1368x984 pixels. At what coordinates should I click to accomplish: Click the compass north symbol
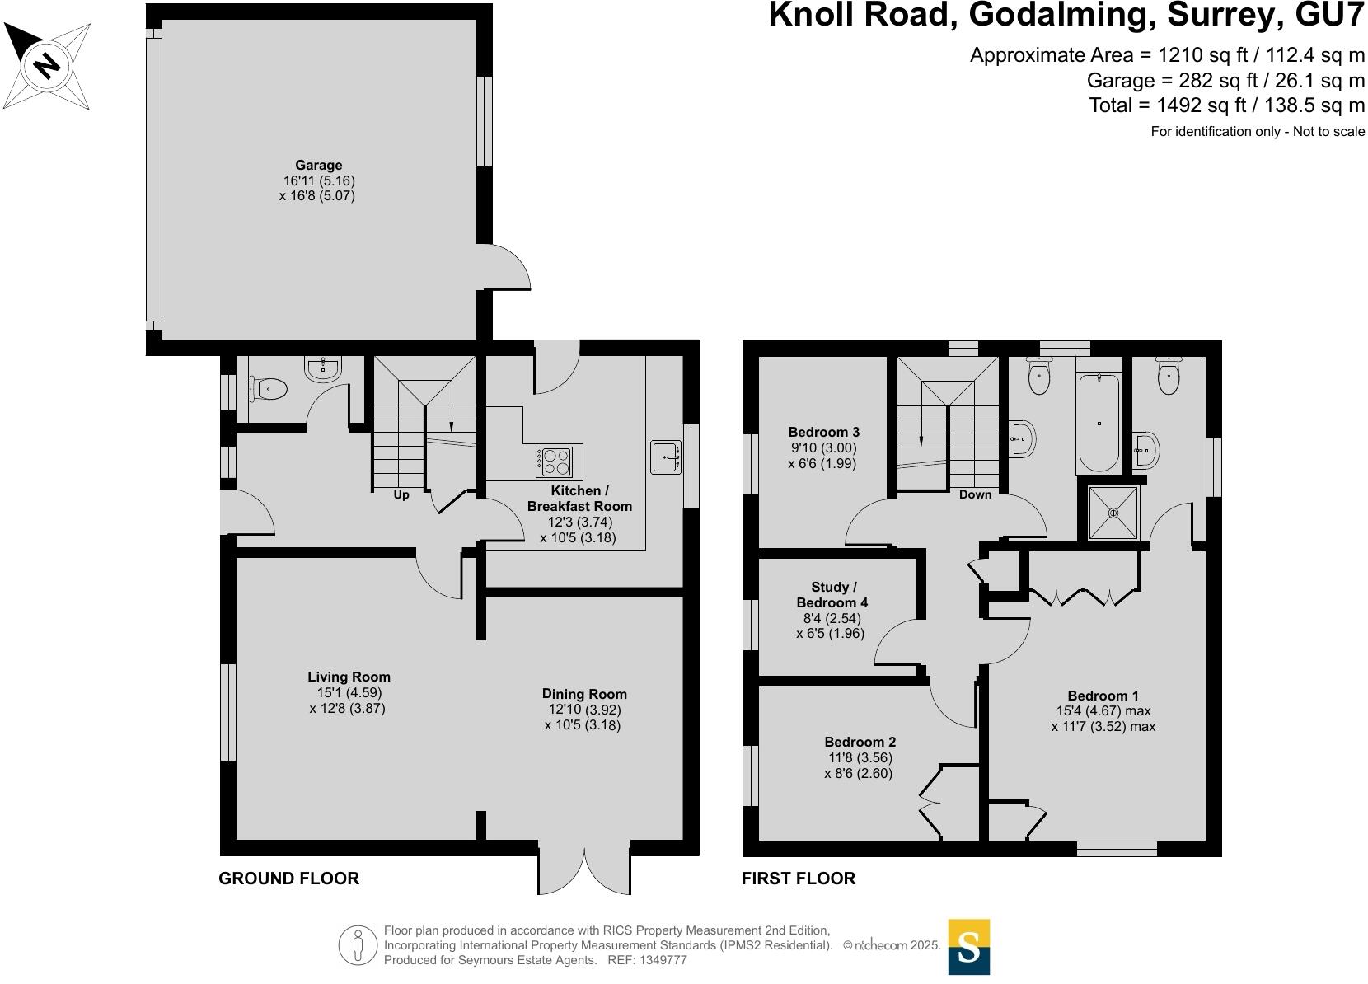tap(47, 66)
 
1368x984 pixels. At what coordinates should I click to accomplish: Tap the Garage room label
tap(319, 165)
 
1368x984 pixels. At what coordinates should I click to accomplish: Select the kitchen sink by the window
tap(666, 457)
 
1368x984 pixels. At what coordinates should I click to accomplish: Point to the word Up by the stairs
tap(401, 495)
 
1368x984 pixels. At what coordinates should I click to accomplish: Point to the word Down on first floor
tap(975, 494)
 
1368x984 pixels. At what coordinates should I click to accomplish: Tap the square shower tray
tap(1113, 513)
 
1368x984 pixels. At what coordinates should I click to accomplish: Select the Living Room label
tap(349, 677)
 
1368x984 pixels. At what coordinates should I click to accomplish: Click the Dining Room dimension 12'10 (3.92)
tap(583, 710)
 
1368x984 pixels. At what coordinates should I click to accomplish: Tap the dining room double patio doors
tap(584, 870)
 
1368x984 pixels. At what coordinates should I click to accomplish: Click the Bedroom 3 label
tap(823, 432)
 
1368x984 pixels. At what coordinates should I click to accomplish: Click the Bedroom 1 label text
tap(1103, 695)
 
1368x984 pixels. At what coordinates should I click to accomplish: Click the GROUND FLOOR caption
tap(288, 879)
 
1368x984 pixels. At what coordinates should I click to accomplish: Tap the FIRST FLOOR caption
tap(798, 879)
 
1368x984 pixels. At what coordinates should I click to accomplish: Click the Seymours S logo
tap(968, 947)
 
